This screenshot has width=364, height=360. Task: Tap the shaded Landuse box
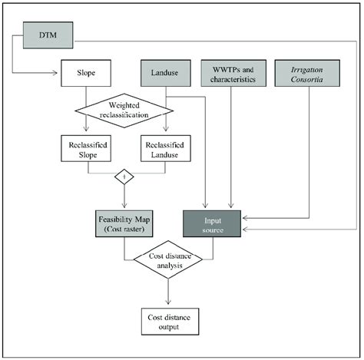tap(164, 74)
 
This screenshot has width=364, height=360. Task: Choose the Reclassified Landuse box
tap(164, 149)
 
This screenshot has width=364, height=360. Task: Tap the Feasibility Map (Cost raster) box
tap(124, 225)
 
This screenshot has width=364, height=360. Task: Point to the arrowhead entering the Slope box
tap(58, 74)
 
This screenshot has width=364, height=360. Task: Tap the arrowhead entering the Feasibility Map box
tap(123, 208)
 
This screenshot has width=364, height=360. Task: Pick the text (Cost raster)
tap(124, 230)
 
